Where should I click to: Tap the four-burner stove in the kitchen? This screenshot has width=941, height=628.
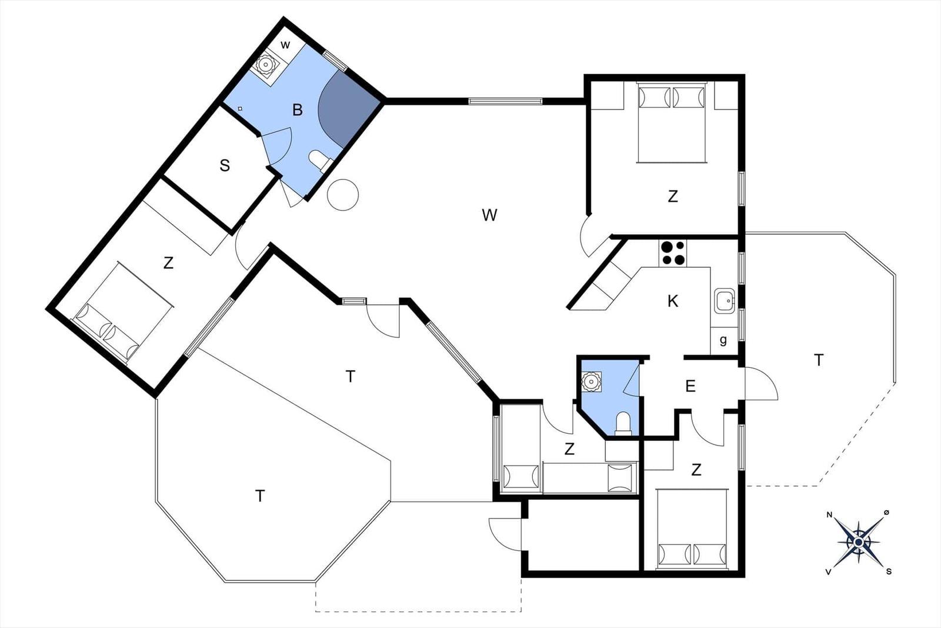pos(673,252)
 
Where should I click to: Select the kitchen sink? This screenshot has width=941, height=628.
pos(725,301)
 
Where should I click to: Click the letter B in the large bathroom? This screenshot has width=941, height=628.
pos(298,110)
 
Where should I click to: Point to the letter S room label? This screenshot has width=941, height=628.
pos(225,165)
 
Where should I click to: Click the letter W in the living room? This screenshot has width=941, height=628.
pos(489,215)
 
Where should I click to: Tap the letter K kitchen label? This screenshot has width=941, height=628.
pos(673,301)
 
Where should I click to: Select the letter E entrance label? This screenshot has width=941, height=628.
pos(690,386)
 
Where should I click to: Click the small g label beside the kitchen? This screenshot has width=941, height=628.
pos(723,340)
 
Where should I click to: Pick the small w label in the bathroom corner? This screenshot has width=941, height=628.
pos(285,45)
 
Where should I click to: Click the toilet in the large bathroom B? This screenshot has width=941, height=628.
pos(321,161)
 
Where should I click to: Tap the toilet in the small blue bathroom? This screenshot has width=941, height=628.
pos(623,423)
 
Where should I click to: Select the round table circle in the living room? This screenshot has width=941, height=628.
pos(343,195)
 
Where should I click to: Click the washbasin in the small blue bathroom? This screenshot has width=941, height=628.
pos(591,381)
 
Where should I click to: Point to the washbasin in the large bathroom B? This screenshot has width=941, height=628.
pos(265,65)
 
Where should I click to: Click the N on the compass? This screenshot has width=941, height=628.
pos(829,514)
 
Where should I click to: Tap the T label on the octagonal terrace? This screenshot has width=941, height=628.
pos(260,496)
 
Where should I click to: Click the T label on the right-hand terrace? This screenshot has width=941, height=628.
pos(818,360)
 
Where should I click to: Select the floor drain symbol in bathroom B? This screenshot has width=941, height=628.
pos(241,109)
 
